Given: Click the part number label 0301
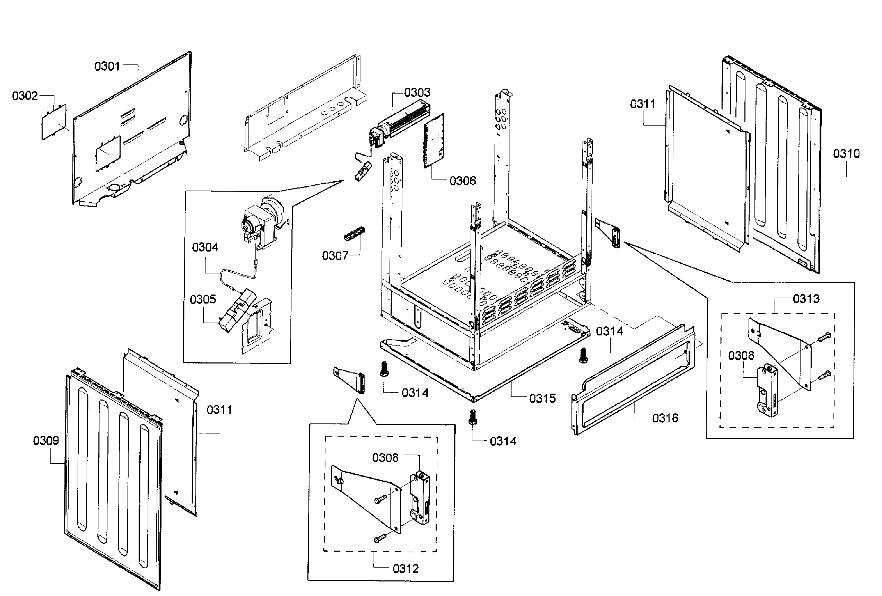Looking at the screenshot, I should (107, 67).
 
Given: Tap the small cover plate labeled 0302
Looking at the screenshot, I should (53, 122).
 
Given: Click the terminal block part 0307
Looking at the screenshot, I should (354, 233).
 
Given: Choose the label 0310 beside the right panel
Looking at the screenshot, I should (846, 154).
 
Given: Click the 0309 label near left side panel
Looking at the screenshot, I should (46, 440).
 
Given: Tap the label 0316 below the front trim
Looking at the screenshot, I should (665, 418).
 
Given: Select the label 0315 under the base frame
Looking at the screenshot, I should (542, 398).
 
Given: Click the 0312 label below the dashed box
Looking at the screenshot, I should (405, 568).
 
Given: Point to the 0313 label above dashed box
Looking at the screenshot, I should (806, 299).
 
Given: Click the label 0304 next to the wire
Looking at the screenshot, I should (205, 247).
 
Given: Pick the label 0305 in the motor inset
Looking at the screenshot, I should (203, 299).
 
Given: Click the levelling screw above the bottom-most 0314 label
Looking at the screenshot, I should (472, 417).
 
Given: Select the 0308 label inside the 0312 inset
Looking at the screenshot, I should (385, 458).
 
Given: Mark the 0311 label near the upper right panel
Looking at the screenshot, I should (643, 104).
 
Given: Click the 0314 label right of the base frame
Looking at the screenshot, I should (609, 331).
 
